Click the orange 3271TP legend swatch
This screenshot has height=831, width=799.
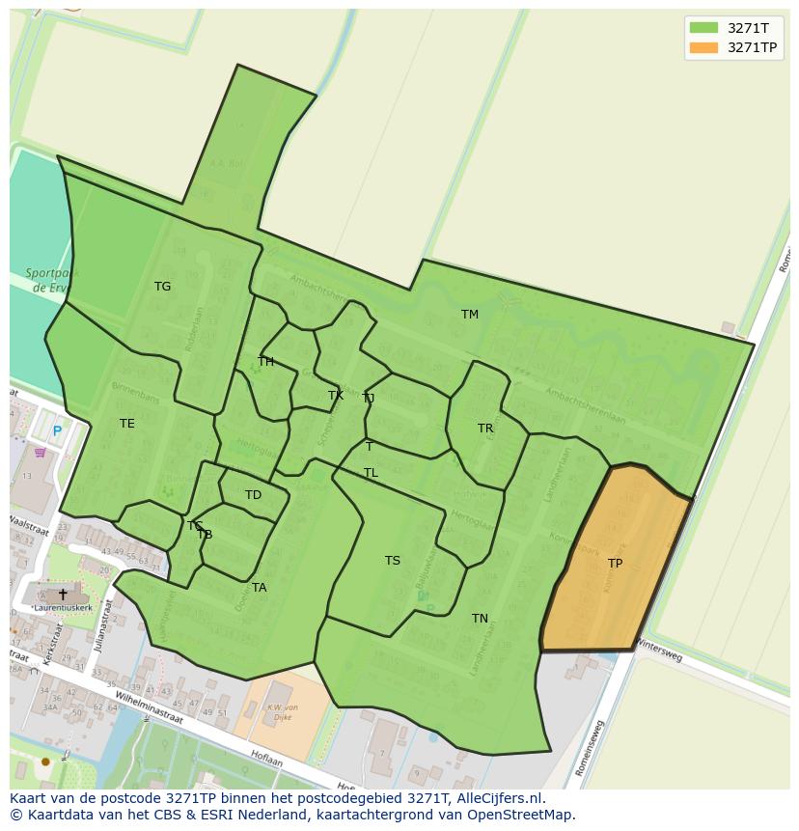[703, 47]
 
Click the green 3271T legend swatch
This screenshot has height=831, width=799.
[703, 28]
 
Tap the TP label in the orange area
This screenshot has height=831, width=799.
[615, 564]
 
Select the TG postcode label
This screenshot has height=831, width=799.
[162, 287]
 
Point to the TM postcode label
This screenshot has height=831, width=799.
[469, 315]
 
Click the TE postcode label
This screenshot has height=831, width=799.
[126, 424]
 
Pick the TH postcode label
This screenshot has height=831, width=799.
[265, 362]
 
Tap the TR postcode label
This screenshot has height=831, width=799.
[484, 429]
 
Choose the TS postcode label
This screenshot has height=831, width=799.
[392, 561]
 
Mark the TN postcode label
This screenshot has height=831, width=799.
[480, 619]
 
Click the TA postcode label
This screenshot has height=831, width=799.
[259, 588]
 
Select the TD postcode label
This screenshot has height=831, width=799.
[253, 495]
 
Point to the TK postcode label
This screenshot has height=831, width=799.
[335, 396]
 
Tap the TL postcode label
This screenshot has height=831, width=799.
[371, 473]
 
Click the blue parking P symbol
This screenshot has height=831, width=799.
[57, 431]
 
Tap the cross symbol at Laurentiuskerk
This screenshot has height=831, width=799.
[63, 595]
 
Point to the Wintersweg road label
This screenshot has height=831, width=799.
[658, 654]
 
